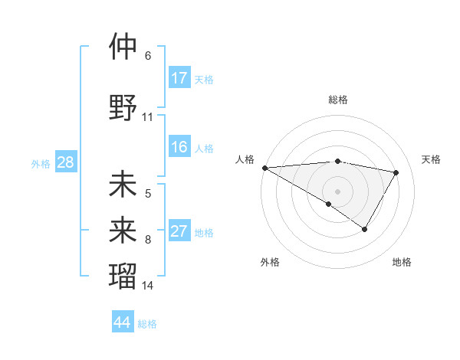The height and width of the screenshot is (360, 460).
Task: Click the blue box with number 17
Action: tap(179, 78)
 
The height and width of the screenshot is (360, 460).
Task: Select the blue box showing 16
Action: tap(179, 148)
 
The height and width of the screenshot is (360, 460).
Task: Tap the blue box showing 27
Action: tap(179, 232)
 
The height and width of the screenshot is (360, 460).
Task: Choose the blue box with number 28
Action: tap(65, 163)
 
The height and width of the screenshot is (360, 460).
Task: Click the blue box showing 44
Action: tap(122, 322)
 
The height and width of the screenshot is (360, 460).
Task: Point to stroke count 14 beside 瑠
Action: tap(148, 286)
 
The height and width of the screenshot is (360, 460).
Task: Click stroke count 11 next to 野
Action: tap(148, 117)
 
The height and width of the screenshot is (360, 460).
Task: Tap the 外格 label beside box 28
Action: tap(41, 164)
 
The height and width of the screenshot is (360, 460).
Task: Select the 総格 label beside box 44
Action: tap(147, 323)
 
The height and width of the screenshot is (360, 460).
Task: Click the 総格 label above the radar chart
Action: tap(337, 100)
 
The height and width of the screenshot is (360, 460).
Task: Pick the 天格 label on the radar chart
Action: tap(432, 159)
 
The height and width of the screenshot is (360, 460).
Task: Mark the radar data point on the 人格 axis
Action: tap(264, 168)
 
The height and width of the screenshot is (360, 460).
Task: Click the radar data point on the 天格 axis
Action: tap(396, 172)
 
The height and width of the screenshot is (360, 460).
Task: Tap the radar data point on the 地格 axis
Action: tap(365, 229)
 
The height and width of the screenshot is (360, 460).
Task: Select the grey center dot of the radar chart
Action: tap(337, 191)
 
